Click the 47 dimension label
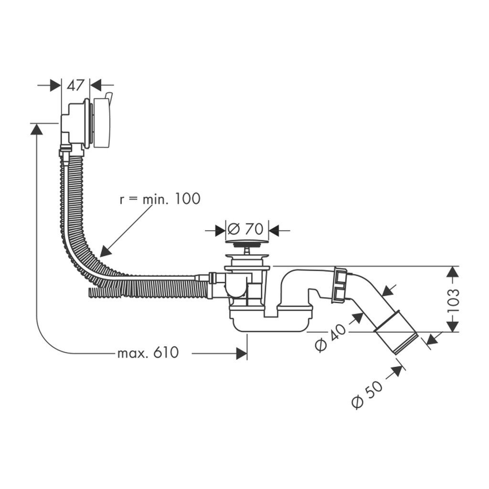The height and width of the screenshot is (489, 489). pyautogui.click(x=75, y=85)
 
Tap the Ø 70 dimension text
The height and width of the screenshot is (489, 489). pyautogui.click(x=245, y=229)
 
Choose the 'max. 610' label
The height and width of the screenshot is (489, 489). pyautogui.click(x=148, y=353)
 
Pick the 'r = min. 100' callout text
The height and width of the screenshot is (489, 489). pyautogui.click(x=159, y=199)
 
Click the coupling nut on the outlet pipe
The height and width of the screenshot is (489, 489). pyautogui.click(x=340, y=285)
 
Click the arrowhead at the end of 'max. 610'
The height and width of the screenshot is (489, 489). pyautogui.click(x=242, y=353)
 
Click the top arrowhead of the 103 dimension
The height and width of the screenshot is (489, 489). pyautogui.click(x=453, y=271)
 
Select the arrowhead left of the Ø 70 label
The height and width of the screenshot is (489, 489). pyautogui.click(x=219, y=230)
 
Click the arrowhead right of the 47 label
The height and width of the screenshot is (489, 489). pyautogui.click(x=96, y=85)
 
